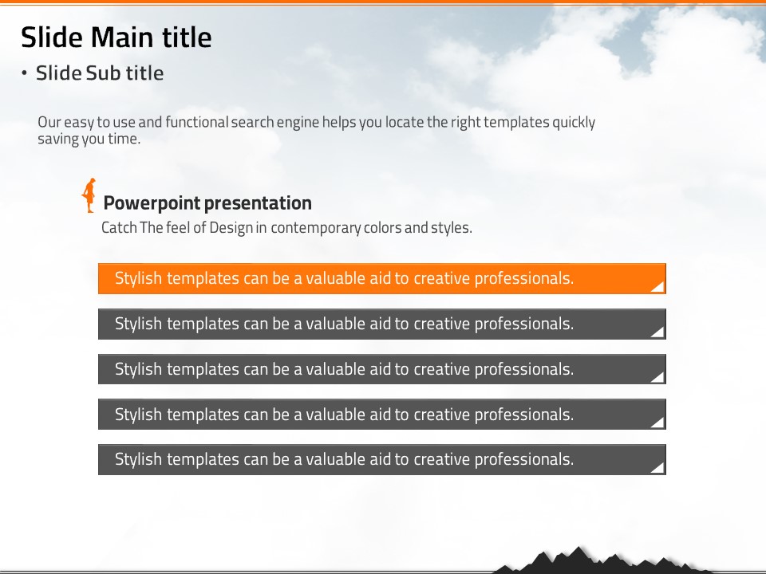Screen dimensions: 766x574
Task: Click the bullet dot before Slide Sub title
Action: coord(25,73)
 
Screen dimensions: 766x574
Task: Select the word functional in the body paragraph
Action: coord(197,122)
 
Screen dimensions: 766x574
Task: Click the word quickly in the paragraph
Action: coord(574,123)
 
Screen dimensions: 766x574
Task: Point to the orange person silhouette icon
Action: coord(89,195)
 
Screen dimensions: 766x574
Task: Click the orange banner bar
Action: coord(382,279)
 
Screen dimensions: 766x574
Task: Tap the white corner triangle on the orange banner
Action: coord(658,286)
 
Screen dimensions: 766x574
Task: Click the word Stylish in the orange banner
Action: coord(138,279)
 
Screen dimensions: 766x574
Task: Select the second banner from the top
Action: coord(382,324)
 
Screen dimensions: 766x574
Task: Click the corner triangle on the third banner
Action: coord(658,377)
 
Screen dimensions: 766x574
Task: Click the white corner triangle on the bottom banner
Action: coord(658,467)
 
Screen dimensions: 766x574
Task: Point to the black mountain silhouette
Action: coord(586,562)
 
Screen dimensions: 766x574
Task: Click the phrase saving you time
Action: coord(89,139)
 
